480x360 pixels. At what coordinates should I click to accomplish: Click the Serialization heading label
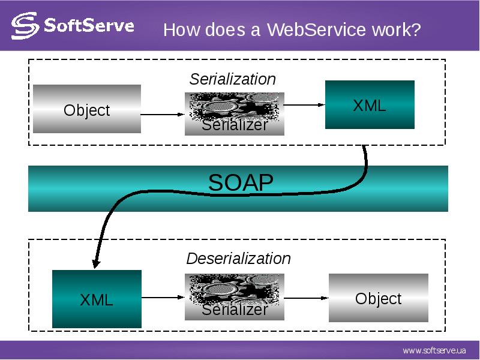tap(233, 79)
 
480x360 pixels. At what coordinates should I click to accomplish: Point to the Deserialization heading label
tap(238, 259)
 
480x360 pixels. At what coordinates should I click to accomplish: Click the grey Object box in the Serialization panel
tap(87, 109)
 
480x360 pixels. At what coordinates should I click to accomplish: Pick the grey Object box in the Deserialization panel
tap(378, 298)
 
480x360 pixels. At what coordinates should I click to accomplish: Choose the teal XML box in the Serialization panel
tap(370, 105)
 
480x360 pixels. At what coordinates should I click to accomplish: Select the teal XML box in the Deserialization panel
tap(97, 299)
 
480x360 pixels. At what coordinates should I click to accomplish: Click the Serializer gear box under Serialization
tap(234, 114)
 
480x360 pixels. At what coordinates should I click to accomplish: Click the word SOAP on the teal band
tap(241, 182)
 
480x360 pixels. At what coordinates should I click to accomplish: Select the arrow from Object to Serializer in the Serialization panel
tap(163, 114)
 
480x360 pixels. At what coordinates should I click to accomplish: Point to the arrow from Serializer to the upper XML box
tap(304, 105)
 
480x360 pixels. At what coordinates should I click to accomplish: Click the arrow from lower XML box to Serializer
tap(163, 296)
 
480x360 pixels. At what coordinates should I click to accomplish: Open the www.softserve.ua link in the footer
tap(434, 350)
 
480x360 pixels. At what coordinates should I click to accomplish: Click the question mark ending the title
tap(416, 30)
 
